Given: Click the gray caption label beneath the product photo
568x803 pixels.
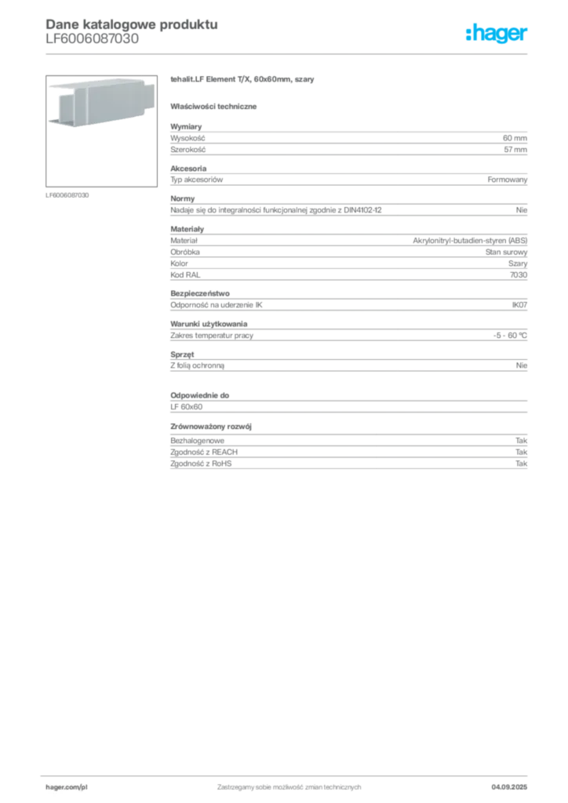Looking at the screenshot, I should tap(68, 194).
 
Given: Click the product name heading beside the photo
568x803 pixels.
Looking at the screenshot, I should tap(244, 81).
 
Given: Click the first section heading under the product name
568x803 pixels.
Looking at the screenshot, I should tap(217, 106).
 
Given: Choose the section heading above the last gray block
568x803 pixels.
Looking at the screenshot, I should tap(213, 426).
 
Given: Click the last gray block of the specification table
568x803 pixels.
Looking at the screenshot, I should tap(348, 454).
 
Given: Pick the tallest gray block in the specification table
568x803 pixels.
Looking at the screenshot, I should tap(348, 250).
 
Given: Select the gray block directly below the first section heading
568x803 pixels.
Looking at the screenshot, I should tap(348, 140).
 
